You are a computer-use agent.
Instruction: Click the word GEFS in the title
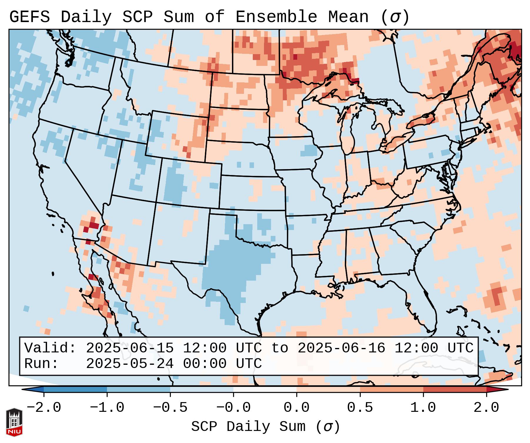(29, 17)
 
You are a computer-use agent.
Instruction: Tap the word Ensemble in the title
(276, 17)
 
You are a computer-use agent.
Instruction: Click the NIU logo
(14, 422)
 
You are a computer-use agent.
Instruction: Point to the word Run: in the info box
(41, 364)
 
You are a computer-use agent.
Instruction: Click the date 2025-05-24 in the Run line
(130, 364)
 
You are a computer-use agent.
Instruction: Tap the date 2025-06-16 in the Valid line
(341, 348)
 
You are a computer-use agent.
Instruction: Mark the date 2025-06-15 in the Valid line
(130, 348)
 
